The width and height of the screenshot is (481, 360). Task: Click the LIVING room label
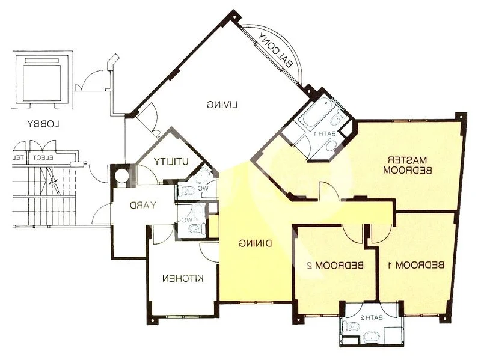tap(222, 105)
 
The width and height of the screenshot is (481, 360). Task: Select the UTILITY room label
tap(171, 161)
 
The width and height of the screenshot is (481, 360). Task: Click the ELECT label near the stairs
tap(45, 158)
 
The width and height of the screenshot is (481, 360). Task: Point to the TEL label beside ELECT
tap(19, 158)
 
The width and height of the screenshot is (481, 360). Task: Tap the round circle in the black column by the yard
tap(121, 177)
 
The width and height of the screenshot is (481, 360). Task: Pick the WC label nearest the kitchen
tap(186, 219)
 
